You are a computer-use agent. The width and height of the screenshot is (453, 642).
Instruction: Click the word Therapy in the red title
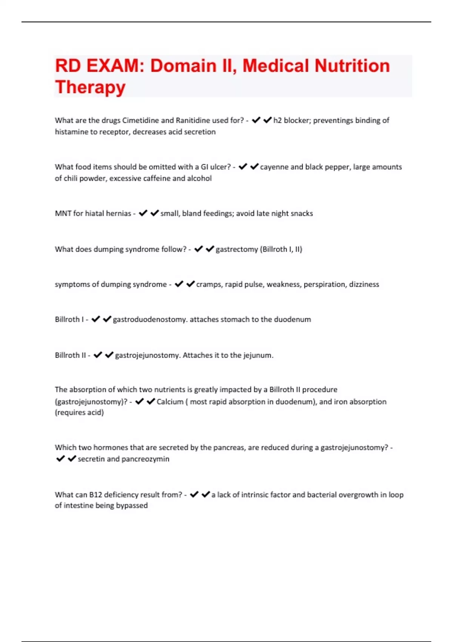pyautogui.click(x=90, y=87)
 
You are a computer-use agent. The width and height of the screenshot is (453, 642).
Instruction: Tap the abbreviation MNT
pyautogui.click(x=63, y=213)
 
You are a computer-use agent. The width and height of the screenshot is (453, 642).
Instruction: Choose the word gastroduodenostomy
pyautogui.click(x=149, y=319)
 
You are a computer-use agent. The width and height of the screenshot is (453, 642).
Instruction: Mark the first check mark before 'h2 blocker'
pyautogui.click(x=256, y=120)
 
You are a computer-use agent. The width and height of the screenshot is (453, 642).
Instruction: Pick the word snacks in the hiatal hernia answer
pyautogui.click(x=302, y=213)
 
